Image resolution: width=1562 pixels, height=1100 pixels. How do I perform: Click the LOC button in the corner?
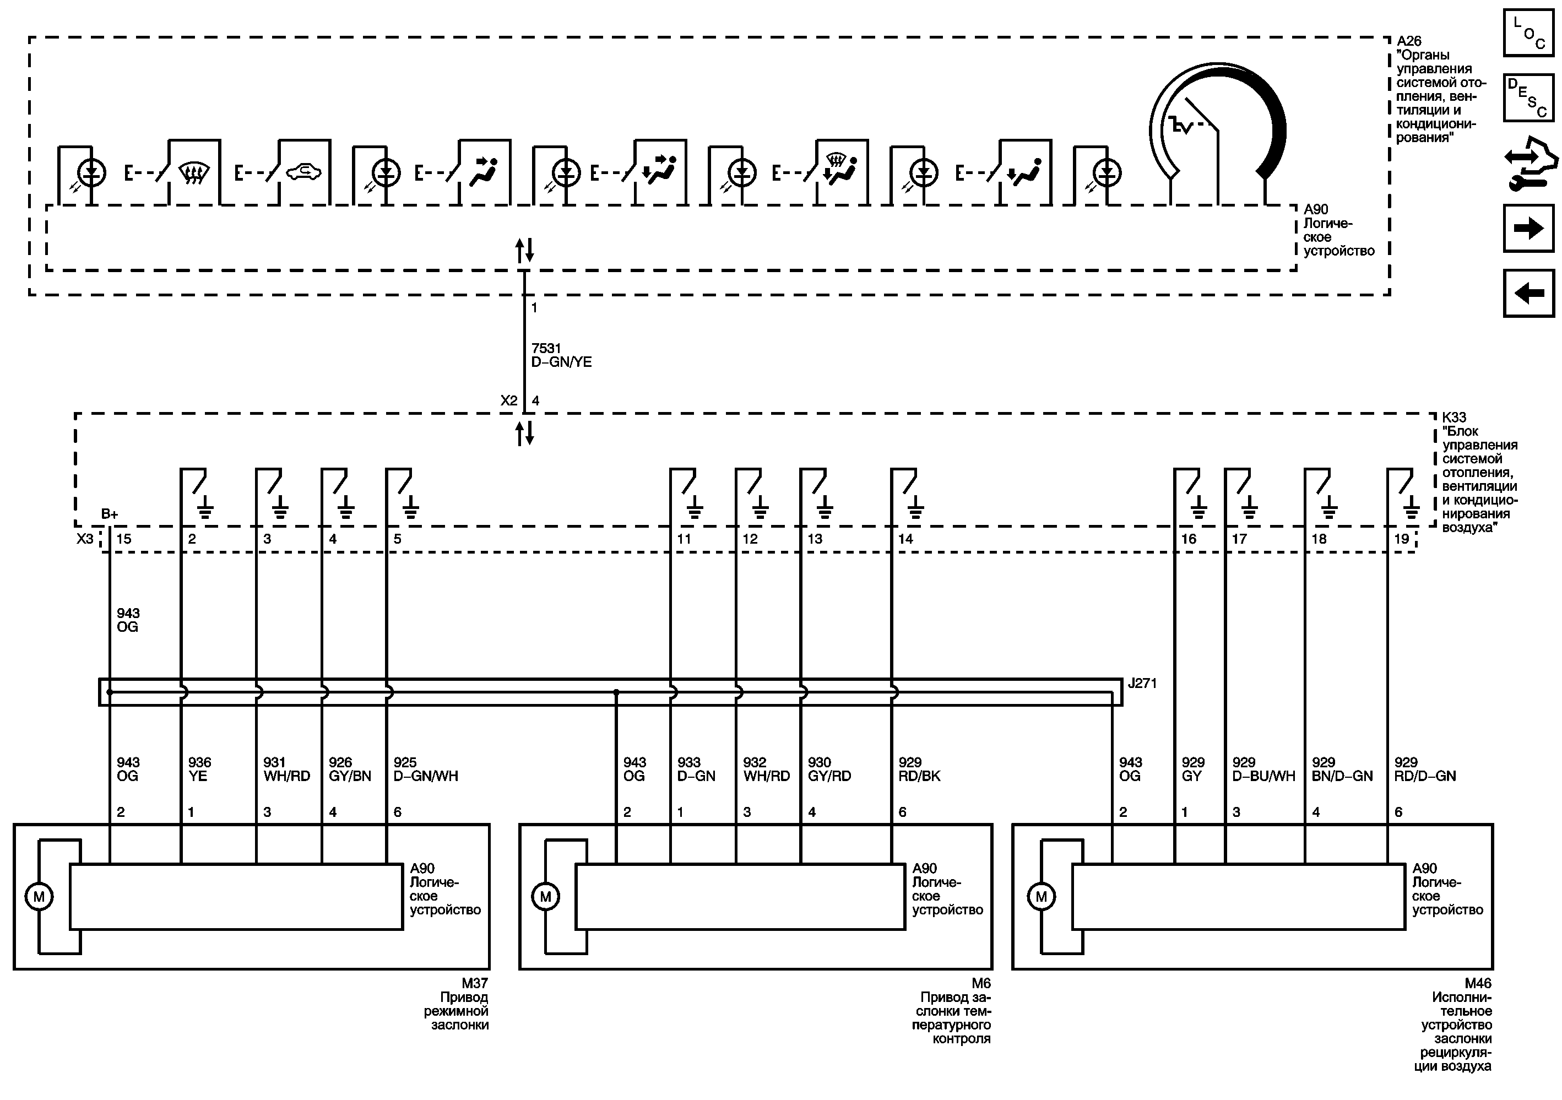[1528, 32]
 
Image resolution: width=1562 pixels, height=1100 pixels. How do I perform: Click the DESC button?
[1528, 97]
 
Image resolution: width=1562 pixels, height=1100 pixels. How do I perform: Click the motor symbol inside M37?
[39, 897]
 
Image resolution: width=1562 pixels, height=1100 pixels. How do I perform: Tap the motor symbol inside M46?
[1041, 897]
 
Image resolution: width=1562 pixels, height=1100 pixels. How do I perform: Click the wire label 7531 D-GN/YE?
[561, 355]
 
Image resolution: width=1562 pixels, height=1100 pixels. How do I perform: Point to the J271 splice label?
[1142, 683]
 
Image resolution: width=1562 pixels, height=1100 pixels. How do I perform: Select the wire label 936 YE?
[199, 770]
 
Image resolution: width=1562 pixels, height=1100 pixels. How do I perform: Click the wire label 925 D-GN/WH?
[426, 770]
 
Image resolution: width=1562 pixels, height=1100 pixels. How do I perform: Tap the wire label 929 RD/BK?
[919, 770]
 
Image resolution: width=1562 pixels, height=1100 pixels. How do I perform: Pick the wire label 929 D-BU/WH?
[1263, 770]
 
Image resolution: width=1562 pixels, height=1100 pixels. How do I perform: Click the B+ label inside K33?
[110, 514]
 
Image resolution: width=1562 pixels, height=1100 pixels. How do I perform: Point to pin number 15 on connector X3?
[124, 539]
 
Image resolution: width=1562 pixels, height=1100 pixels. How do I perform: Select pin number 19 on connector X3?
[1401, 539]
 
